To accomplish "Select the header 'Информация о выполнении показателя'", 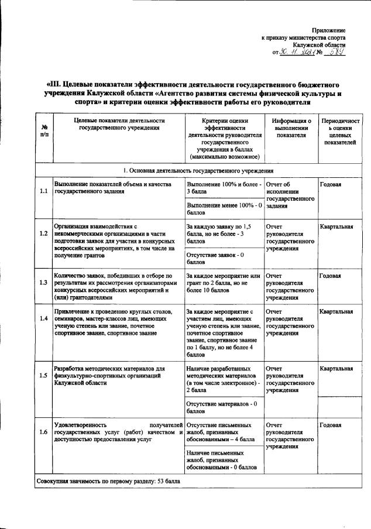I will point(291,128).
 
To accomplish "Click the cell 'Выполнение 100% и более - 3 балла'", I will point(223,188).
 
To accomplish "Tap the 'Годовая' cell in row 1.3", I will point(331,275).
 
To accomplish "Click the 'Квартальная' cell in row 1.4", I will point(336,312).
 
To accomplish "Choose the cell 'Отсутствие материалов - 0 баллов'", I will point(222,408).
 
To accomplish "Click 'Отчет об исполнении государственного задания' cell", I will point(290,195).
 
